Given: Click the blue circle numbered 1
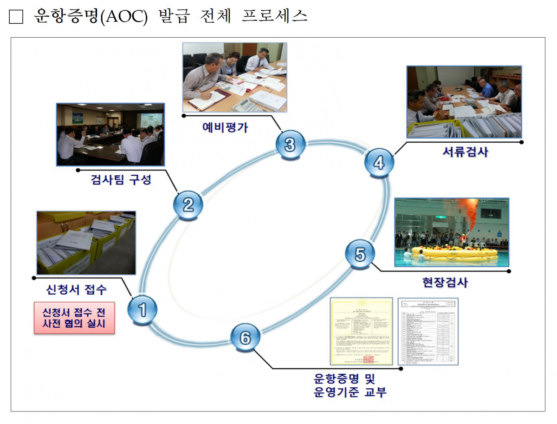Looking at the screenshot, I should tap(142, 309).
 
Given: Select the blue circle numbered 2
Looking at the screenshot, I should tap(188, 205).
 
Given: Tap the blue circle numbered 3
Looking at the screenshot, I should tap(290, 145).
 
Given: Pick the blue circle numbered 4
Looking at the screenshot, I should tap(379, 163).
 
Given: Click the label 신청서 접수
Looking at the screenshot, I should tap(77, 290).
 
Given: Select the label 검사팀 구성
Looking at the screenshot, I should tap(121, 180).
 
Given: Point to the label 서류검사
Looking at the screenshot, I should tap(465, 152).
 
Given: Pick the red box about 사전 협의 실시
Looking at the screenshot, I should tap(74, 318).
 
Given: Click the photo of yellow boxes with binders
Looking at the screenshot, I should tap(86, 243).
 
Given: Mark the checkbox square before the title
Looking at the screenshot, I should tap(16, 17).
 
